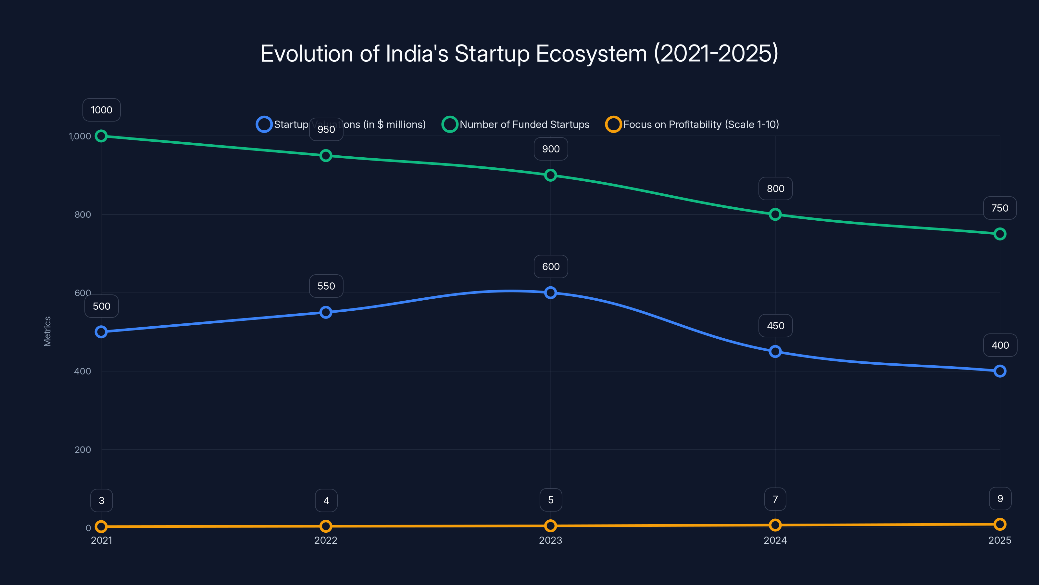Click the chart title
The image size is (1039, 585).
[519, 54]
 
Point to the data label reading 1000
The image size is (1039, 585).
[102, 110]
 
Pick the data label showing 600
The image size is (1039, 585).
[551, 266]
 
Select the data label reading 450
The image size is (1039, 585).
[775, 326]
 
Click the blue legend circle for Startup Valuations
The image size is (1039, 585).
[264, 124]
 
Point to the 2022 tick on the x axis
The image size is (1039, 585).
[325, 540]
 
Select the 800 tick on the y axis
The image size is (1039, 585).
[83, 215]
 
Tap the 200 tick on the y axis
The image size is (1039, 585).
[83, 450]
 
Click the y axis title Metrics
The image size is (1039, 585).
[47, 331]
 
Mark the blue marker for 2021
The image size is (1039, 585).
[101, 332]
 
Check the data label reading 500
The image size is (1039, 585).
[102, 306]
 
